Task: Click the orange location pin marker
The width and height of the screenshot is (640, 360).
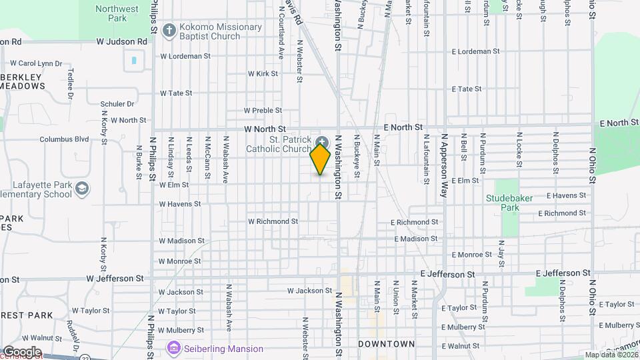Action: click(321, 159)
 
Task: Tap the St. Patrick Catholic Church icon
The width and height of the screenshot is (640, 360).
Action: click(323, 141)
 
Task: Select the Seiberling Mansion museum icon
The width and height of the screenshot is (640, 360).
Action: click(174, 348)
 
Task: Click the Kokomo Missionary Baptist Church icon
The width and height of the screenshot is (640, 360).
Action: click(169, 31)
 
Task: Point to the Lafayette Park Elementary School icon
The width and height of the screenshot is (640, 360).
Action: click(83, 189)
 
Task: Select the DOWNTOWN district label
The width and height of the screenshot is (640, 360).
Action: click(386, 344)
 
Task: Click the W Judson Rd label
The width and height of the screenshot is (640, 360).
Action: click(121, 41)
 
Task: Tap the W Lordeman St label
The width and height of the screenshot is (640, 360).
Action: click(185, 57)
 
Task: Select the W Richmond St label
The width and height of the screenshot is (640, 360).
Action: click(273, 221)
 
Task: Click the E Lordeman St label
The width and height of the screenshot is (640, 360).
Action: click(475, 51)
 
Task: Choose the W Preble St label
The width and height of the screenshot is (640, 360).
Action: click(263, 111)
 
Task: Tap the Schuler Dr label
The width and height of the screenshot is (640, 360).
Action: click(117, 104)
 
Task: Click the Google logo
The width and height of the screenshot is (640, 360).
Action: click(21, 352)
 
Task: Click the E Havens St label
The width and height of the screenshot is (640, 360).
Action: click(566, 196)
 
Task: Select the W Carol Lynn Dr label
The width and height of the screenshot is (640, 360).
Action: click(36, 63)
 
